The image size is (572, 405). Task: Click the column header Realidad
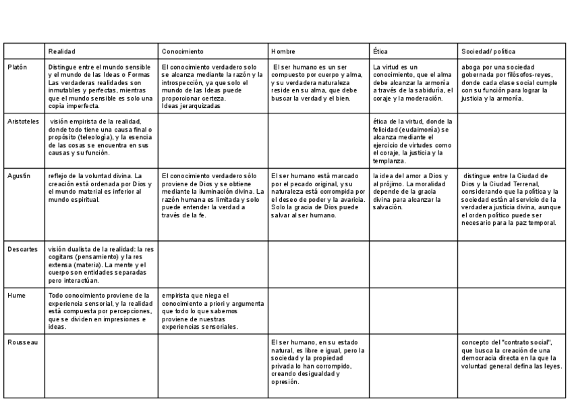click(62, 51)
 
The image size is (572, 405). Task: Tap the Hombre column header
click(283, 51)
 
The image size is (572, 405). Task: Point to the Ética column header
click(380, 51)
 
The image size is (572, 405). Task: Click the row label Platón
click(18, 67)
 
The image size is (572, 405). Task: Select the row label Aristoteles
click(24, 121)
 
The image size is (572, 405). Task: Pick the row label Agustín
click(19, 175)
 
